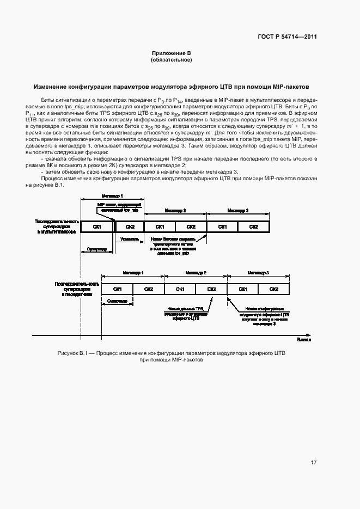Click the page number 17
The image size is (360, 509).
coord(314,463)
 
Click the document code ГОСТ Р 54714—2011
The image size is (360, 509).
coord(287,37)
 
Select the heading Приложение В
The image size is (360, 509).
coord(172,53)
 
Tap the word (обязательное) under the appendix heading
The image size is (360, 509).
coord(172,59)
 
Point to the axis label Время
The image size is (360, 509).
coord(304,339)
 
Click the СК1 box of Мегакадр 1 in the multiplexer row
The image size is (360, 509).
coord(98,226)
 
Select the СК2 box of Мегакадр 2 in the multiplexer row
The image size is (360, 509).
coord(191,226)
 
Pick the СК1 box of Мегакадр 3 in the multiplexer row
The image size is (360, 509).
coord(223,226)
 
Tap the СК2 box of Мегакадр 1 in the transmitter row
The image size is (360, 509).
coord(149,289)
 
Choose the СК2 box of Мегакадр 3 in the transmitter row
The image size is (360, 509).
coord(274,289)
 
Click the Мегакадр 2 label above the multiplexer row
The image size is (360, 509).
coord(175,210)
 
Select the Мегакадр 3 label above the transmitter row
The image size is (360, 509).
coord(259,272)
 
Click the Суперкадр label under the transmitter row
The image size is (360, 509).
coord(118,301)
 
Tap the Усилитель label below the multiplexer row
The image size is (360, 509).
coord(129,238)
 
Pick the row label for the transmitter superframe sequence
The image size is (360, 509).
coord(76,289)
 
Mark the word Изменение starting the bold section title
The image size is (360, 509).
coord(50,86)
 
